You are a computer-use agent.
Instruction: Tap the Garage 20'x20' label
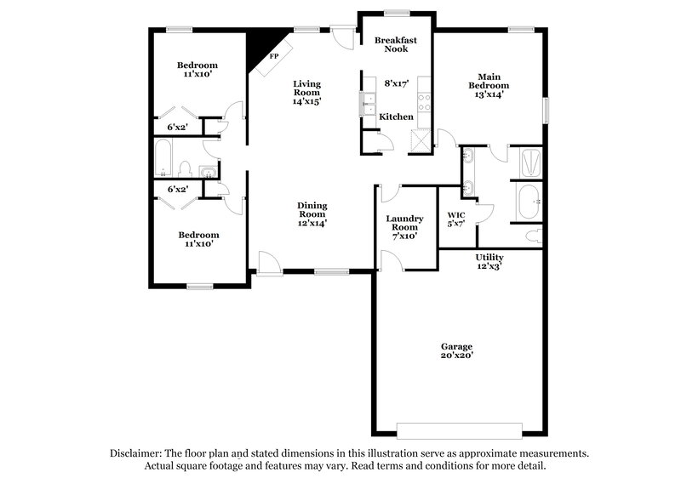(x=456, y=350)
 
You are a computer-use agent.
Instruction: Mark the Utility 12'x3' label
(x=489, y=261)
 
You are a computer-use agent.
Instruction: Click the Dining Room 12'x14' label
(x=312, y=214)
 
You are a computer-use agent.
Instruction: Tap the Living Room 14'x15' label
(x=306, y=92)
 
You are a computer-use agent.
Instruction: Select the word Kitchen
(x=396, y=117)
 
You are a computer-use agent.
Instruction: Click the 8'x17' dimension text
(x=397, y=83)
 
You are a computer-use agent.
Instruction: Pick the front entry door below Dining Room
(x=270, y=264)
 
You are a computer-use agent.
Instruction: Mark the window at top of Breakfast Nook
(x=395, y=12)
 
